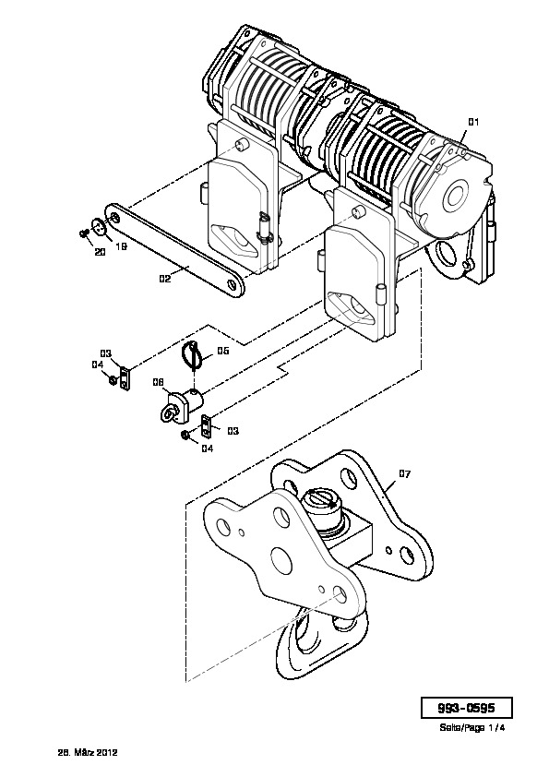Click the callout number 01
[473, 122]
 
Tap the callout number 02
[165, 279]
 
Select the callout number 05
[223, 351]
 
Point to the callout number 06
[158, 382]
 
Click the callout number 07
[405, 474]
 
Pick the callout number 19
[122, 246]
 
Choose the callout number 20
[100, 252]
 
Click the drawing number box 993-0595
[466, 708]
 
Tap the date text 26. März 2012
[89, 753]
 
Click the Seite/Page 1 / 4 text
[471, 728]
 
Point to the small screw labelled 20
[84, 233]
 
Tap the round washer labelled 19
[101, 228]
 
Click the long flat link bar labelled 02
[174, 250]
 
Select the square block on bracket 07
[351, 540]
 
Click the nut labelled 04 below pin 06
[185, 436]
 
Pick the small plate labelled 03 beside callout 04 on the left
[125, 378]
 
